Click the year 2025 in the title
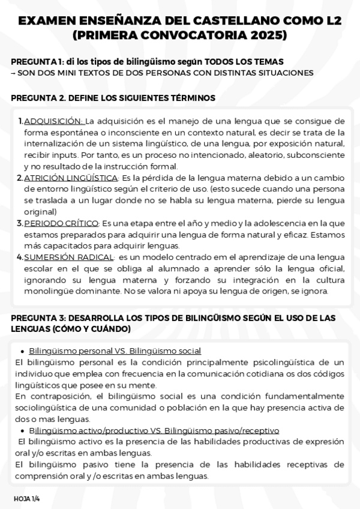click(266, 36)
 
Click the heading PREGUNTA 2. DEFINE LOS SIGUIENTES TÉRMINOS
click(113, 97)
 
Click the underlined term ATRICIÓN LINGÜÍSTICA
click(71, 178)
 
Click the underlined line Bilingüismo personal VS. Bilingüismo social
click(115, 351)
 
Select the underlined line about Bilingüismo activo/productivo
click(154, 430)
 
